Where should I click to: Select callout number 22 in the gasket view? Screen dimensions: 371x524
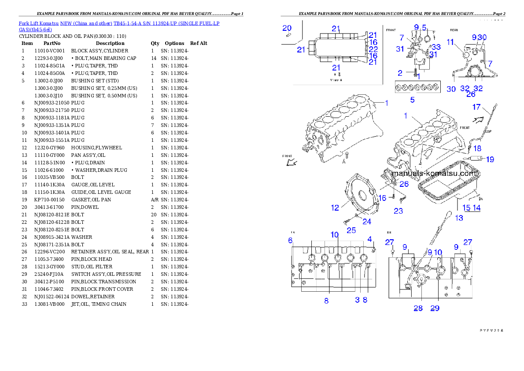[x=373, y=49]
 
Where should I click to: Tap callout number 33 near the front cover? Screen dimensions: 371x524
[x=436, y=47]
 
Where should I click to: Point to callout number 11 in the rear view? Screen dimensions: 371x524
[x=450, y=42]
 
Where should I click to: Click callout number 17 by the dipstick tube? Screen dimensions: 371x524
[x=476, y=107]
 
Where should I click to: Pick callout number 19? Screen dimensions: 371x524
[x=490, y=159]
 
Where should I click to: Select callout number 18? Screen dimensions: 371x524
[x=477, y=148]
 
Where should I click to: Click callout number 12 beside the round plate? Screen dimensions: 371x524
[x=335, y=208]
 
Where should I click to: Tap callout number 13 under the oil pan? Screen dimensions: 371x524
[x=459, y=218]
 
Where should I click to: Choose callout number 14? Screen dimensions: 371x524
[x=476, y=208]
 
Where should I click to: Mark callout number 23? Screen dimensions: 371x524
[x=398, y=211]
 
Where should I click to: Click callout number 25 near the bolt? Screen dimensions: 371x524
[x=351, y=230]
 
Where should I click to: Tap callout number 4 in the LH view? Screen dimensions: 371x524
[x=370, y=239]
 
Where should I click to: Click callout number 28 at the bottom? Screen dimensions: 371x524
[x=418, y=308]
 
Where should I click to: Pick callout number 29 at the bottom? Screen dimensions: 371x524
[x=435, y=308]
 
